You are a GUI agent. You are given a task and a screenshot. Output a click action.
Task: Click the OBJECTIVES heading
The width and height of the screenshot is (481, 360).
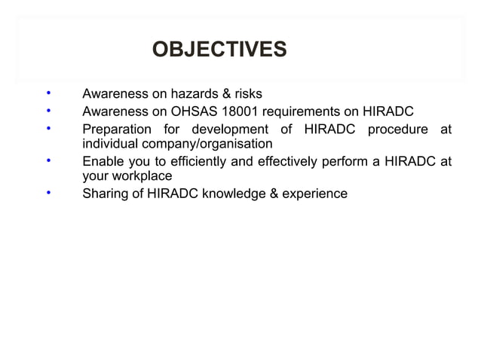219,50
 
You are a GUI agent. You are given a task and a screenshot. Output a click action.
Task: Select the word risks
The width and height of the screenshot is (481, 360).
245,95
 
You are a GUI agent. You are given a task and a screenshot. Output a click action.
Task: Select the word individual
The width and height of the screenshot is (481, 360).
109,144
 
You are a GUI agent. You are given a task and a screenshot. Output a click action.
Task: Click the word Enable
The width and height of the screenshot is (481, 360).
103,160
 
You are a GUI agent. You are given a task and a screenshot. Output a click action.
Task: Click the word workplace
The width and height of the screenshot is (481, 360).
142,177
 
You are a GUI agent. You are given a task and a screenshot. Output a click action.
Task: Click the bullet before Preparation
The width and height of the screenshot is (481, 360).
48,128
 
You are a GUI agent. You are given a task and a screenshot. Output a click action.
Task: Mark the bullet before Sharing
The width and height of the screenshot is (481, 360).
48,193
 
